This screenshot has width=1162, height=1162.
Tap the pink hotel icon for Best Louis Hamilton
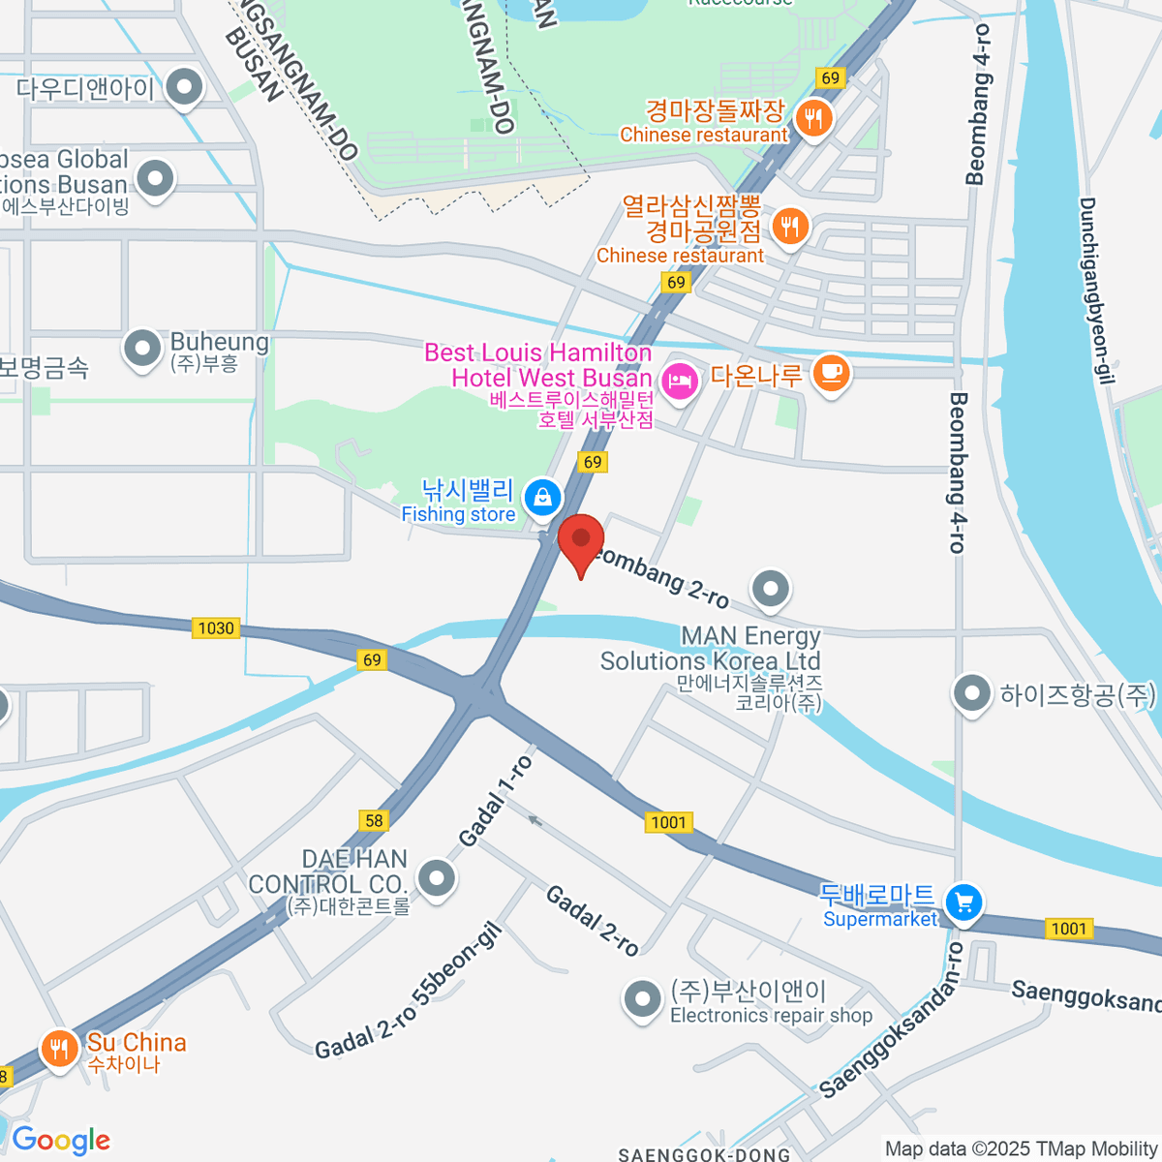[680, 380]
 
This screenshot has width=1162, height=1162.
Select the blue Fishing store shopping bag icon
[542, 499]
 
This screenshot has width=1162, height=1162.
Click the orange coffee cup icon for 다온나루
[830, 373]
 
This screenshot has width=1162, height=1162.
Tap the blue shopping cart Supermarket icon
[963, 902]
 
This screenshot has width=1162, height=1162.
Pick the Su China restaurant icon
[59, 1048]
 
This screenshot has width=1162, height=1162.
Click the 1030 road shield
[216, 627]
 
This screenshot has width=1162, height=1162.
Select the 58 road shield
[374, 820]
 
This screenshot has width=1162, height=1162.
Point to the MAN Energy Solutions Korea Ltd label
[711, 649]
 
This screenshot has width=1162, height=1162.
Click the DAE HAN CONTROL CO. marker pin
[437, 878]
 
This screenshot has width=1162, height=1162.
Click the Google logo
[61, 1140]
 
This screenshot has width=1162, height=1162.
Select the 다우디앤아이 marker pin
[183, 88]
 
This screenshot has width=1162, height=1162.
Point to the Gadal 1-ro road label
[496, 801]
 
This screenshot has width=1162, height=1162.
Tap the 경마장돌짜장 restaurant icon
[812, 119]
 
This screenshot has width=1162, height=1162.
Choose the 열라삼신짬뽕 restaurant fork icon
[790, 228]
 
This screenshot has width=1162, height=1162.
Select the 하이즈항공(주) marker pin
[970, 693]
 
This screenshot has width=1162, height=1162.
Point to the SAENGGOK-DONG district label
[704, 1153]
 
